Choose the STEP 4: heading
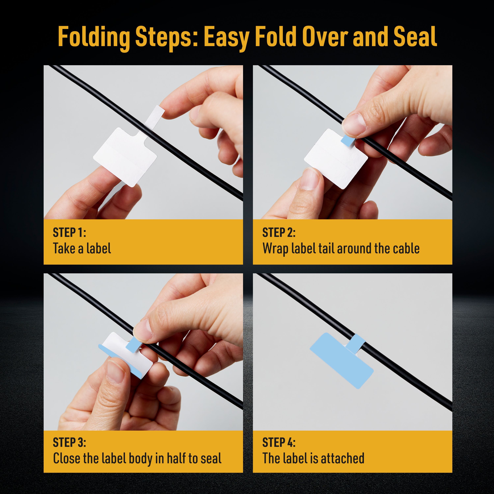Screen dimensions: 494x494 pos(279,442)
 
